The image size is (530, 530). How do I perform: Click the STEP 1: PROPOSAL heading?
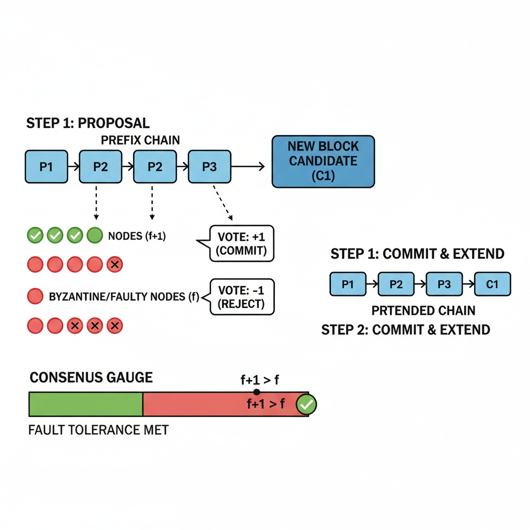pos(87,123)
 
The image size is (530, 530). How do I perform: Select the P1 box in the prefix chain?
pos(47,167)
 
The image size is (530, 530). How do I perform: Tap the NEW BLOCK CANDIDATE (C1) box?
pos(323,161)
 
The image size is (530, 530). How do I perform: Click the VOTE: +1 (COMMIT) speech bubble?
pos(242,243)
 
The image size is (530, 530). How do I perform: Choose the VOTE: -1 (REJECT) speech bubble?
pos(242,297)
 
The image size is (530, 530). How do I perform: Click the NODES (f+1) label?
pos(137,236)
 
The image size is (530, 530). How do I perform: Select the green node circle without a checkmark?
pos(95,236)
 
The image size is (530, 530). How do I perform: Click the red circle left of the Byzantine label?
pos(35,297)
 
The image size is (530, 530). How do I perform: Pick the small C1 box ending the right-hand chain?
pos(492,285)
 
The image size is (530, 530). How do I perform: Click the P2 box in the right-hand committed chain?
pos(396,285)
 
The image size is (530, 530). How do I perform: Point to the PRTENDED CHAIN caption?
pos(423,311)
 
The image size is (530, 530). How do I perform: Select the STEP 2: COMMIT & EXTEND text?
pos(405,330)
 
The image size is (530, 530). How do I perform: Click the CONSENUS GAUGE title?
pos(91,377)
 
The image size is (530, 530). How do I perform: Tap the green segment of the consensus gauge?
pos(85,404)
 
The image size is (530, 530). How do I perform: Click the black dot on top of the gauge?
pos(257,392)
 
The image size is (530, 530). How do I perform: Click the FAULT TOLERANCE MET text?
pos(98,430)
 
